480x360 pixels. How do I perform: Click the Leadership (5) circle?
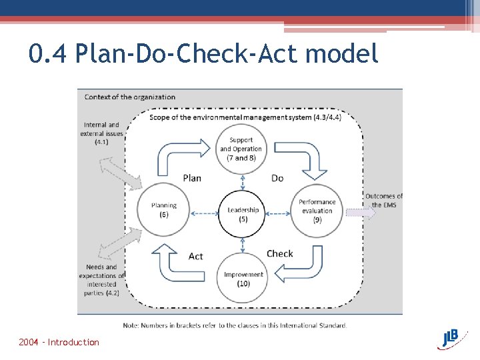(243, 213)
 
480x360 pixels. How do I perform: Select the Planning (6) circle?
(163, 210)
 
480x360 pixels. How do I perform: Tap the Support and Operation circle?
(241, 149)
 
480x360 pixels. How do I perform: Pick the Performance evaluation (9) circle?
(317, 211)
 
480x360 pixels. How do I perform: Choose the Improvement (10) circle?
(243, 278)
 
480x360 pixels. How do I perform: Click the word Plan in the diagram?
(191, 178)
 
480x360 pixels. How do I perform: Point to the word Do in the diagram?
(277, 178)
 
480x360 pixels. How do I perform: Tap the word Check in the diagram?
(280, 253)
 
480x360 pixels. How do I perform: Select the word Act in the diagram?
(196, 256)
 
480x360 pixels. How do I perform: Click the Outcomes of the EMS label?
(384, 200)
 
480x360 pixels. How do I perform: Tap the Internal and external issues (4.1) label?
(101, 133)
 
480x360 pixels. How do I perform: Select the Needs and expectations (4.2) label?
(101, 280)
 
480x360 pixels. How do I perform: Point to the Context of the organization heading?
(130, 97)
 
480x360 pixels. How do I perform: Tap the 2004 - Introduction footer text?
(59, 342)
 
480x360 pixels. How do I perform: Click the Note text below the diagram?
(235, 325)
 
